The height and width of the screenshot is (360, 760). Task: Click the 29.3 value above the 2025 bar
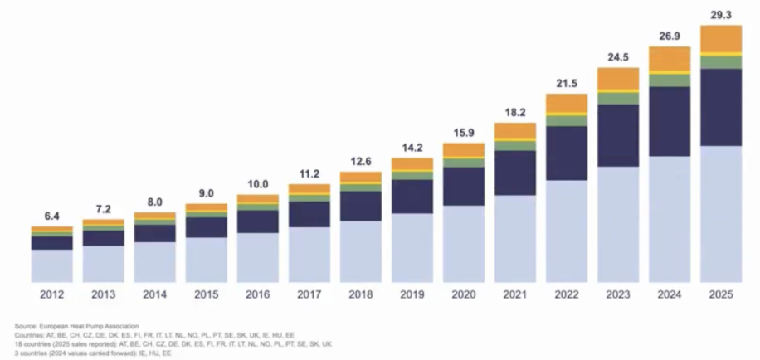point(721,15)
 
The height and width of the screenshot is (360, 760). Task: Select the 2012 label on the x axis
point(52,294)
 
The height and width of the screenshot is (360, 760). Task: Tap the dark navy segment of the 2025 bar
point(721,107)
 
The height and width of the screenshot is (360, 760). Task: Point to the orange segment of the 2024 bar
point(670,59)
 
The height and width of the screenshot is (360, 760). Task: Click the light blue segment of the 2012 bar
point(52,266)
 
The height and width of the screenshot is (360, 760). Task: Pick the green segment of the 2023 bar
point(618,99)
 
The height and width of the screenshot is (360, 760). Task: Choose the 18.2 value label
point(514,113)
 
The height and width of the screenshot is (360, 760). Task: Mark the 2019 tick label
point(412,294)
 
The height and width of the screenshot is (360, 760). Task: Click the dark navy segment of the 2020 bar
point(463,187)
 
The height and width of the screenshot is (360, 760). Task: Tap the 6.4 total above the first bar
point(52,216)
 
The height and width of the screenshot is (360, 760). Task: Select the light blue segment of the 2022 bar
point(567,231)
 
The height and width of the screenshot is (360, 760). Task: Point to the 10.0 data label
point(258,184)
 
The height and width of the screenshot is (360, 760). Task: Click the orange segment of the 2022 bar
point(567,103)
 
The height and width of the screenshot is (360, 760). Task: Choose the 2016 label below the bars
point(258,294)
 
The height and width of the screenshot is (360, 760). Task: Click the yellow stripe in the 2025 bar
point(721,54)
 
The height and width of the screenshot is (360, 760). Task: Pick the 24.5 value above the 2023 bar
point(618,57)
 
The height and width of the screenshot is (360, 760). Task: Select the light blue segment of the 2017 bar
point(309,255)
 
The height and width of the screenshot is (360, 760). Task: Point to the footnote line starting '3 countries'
point(93,353)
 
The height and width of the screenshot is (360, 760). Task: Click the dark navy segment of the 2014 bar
point(154,234)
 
